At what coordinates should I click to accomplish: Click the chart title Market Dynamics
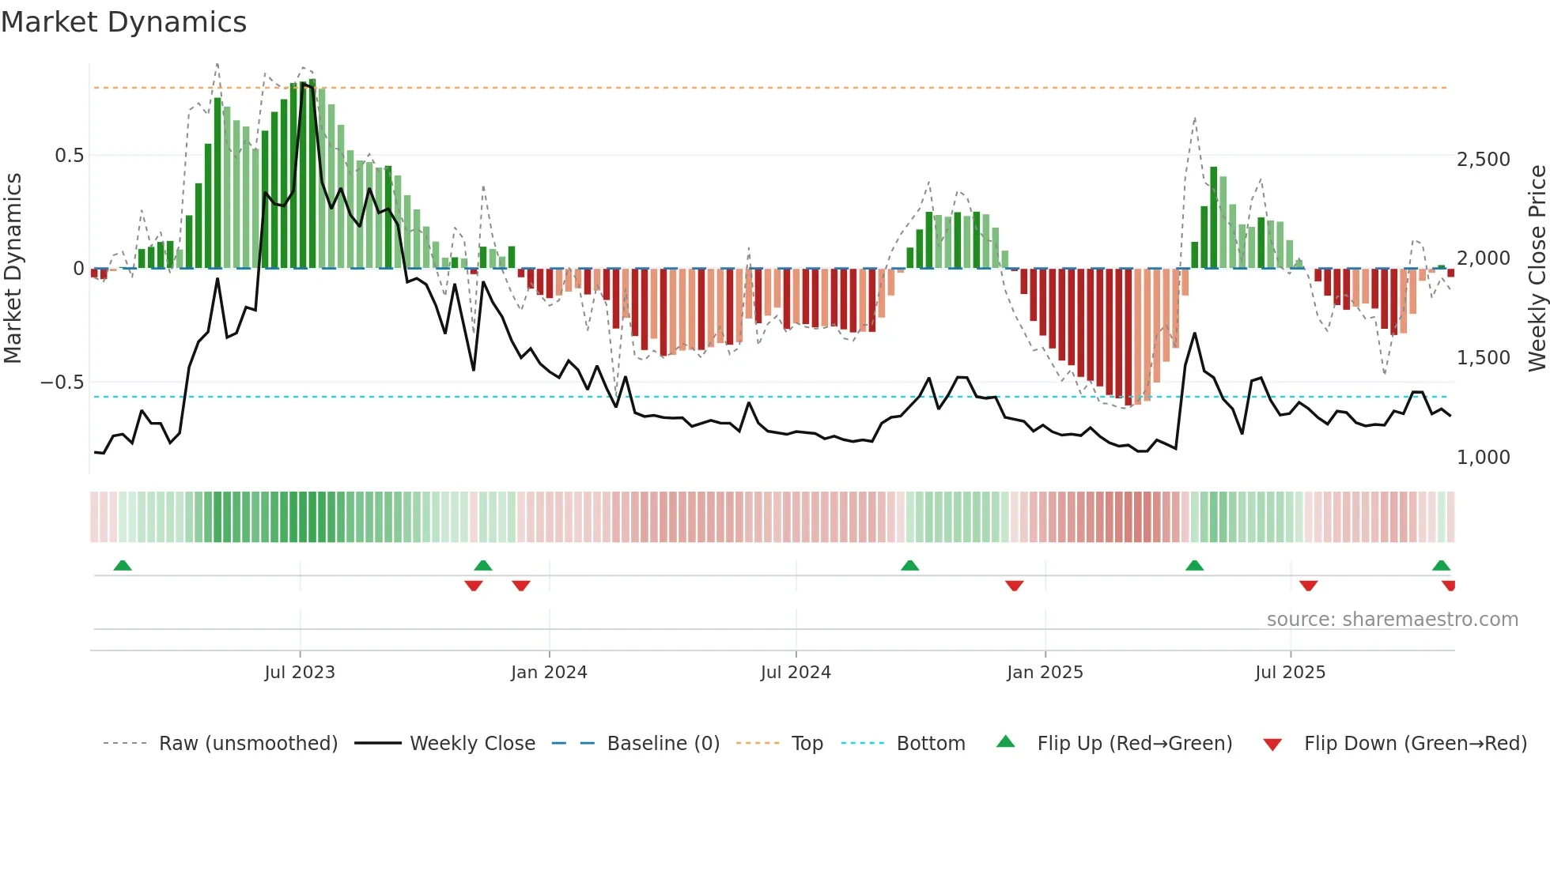[123, 22]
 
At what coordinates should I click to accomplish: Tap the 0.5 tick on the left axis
[69, 156]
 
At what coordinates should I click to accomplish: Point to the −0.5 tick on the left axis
[62, 383]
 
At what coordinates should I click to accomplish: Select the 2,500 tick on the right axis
[1483, 160]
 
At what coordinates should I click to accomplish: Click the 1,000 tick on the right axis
[1483, 458]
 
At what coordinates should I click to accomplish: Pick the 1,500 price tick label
[1483, 358]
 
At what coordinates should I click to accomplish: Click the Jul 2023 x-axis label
[300, 673]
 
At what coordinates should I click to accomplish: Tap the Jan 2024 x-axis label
[549, 673]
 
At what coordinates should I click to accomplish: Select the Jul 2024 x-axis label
[796, 673]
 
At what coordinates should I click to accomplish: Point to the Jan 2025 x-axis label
[1045, 673]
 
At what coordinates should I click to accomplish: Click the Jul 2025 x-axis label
[1290, 673]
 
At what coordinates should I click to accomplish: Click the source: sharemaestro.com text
[1392, 620]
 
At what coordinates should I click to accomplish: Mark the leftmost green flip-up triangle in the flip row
[123, 566]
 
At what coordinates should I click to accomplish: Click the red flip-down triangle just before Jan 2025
[1015, 585]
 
